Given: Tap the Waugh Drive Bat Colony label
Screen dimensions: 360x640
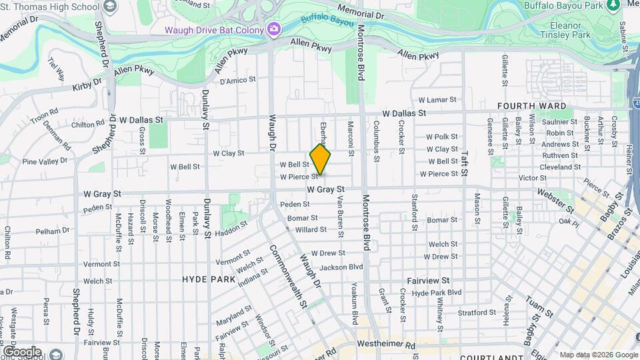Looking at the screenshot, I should [x=215, y=29].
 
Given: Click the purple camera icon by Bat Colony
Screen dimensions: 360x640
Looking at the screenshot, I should [x=273, y=29].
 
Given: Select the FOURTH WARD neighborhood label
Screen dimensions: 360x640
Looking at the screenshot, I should [x=531, y=106].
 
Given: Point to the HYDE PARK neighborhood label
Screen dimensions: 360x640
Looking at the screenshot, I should [x=209, y=279].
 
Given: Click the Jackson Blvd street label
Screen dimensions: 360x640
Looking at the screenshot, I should [x=341, y=267].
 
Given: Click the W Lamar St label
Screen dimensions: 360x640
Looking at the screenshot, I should [x=437, y=100].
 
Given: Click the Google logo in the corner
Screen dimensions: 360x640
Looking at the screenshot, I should [x=21, y=351].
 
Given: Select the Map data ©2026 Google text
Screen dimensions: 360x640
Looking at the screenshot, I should [x=598, y=355].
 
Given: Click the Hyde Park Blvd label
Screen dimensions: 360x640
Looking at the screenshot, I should [x=437, y=293].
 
